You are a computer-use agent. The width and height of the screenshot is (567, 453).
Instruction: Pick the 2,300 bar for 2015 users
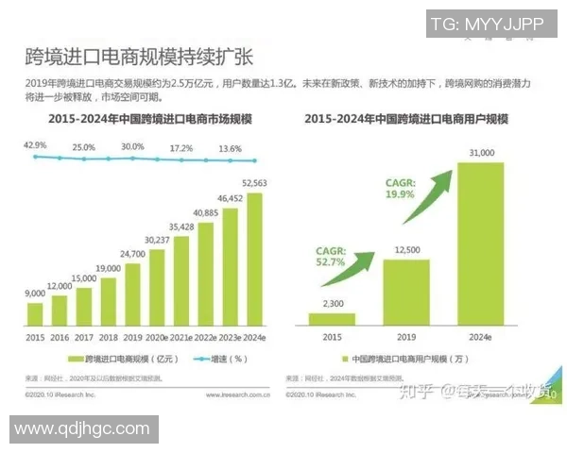(333, 319)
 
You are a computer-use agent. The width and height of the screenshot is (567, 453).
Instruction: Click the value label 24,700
(132, 255)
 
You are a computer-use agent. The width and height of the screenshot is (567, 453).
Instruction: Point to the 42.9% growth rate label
(35, 144)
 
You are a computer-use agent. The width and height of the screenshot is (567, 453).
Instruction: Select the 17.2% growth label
(181, 149)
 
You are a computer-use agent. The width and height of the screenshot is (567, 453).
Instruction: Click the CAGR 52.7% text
(325, 257)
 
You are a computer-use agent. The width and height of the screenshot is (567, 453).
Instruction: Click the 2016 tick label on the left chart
(60, 336)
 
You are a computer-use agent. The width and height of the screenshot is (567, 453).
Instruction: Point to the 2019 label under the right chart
(406, 336)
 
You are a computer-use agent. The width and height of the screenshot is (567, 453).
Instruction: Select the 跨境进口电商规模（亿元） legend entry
(117, 360)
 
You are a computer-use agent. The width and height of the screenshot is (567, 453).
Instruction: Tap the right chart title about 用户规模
(407, 120)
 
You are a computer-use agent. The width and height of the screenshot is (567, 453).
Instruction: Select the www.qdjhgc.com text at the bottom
(82, 428)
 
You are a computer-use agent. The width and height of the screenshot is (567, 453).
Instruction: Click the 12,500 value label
(406, 249)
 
